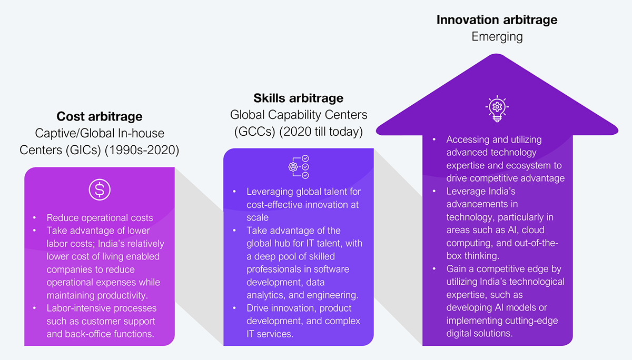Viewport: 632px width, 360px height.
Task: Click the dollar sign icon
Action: click(100, 189)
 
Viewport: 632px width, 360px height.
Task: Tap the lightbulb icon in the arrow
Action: click(497, 108)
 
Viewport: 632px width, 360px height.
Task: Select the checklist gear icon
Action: click(299, 167)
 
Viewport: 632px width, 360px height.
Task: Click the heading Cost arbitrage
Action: click(100, 116)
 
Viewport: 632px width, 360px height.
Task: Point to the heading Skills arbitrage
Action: click(299, 98)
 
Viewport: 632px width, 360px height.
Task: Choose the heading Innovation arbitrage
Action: click(497, 19)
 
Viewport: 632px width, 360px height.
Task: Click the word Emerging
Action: click(497, 37)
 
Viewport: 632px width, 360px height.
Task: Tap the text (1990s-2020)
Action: click(142, 150)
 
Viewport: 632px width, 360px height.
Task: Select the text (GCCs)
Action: click(254, 132)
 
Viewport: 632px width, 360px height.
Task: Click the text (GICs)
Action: click(84, 150)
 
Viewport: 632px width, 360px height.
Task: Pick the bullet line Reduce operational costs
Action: click(100, 218)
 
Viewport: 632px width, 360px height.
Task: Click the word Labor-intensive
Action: click(78, 308)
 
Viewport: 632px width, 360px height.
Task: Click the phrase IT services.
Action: click(270, 334)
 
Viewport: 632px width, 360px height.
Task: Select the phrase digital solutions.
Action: click(480, 334)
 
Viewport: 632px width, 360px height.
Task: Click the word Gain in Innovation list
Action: click(456, 269)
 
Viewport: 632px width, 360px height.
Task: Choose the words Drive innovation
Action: click(282, 308)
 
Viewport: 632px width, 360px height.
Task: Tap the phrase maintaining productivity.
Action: click(97, 295)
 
